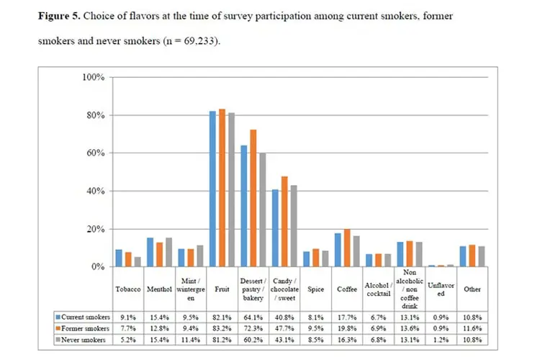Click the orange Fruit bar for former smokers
[222, 188]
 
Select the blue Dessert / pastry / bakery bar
[244, 206]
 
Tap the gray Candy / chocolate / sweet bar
[294, 226]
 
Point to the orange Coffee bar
[347, 248]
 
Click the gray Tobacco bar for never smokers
[138, 262]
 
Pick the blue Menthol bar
[150, 252]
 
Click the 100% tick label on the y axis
[94, 77]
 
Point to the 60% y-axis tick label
[95, 153]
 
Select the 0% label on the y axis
[98, 267]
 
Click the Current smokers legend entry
[83, 317]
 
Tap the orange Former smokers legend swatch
[58, 328]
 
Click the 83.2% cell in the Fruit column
[222, 328]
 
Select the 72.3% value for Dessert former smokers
[253, 328]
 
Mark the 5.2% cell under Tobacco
[128, 340]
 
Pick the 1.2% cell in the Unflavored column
[441, 340]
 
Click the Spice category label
[315, 289]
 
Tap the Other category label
[472, 289]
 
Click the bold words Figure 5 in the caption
[59, 16]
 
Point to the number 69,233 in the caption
[199, 41]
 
